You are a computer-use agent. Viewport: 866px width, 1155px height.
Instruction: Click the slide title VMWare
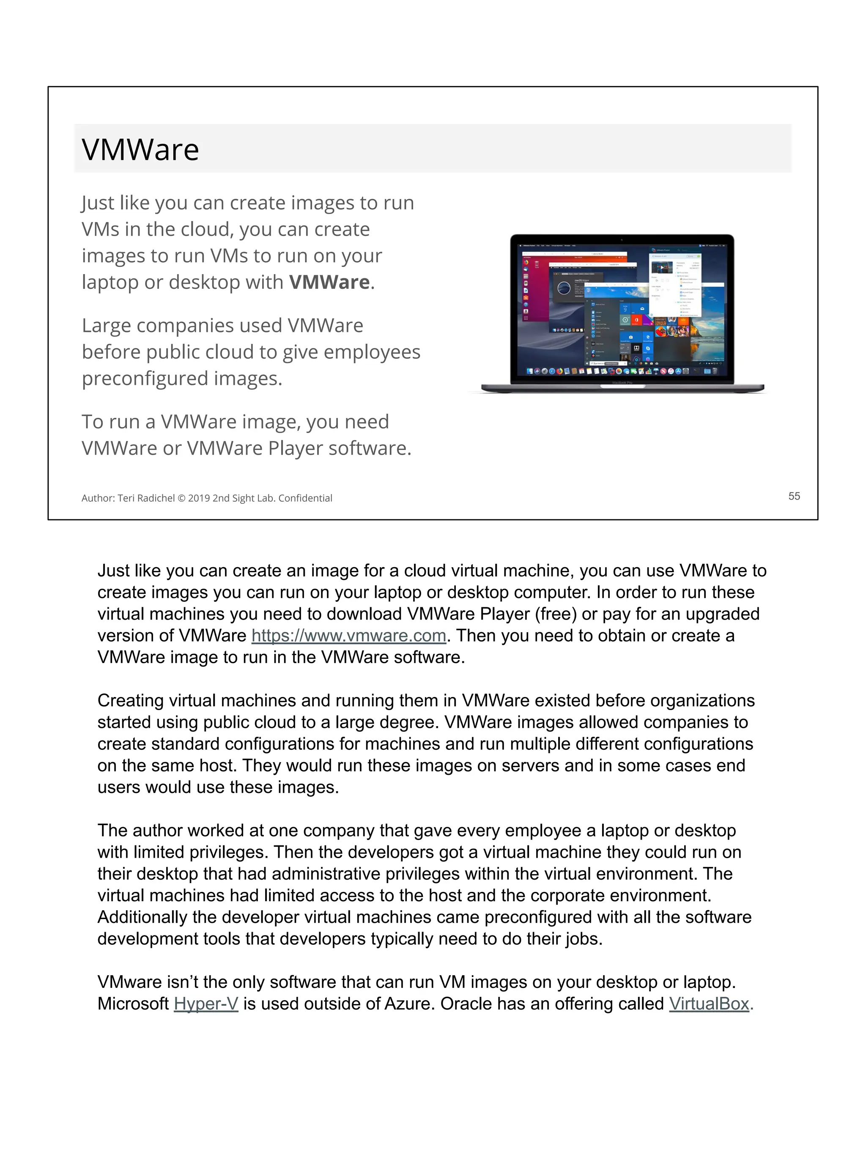pos(140,149)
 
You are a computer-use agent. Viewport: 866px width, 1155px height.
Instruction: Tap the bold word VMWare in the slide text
pos(329,282)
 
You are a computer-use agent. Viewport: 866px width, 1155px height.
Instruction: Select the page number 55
pos(793,496)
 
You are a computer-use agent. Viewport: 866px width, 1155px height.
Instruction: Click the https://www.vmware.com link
pos(349,636)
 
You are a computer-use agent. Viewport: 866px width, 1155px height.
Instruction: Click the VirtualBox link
pos(709,1004)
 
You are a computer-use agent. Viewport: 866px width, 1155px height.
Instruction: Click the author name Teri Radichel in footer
pos(146,498)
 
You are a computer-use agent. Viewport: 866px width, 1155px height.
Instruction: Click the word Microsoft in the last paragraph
pos(133,1004)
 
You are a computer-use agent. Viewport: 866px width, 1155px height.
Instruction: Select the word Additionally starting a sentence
pos(142,917)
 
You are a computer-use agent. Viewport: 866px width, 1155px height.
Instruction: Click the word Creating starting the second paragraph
pos(131,701)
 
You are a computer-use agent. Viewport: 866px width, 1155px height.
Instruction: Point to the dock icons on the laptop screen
pos(621,371)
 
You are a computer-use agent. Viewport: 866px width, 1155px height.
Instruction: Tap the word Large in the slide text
pos(106,325)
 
